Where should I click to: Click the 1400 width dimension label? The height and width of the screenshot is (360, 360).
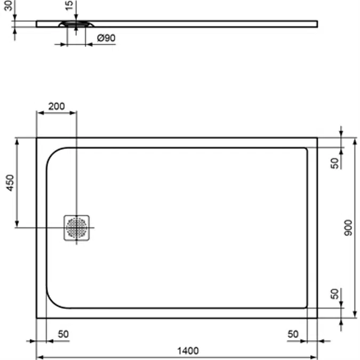pos(188,351)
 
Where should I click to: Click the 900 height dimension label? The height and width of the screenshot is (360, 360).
pos(348,228)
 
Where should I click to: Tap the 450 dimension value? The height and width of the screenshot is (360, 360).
pos(10,183)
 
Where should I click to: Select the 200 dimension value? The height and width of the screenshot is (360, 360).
pos(57,106)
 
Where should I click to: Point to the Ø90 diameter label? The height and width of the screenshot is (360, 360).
pos(106,38)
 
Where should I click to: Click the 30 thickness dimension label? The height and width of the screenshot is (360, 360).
pos(9,5)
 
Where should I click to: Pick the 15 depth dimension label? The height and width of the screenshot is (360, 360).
pos(69,5)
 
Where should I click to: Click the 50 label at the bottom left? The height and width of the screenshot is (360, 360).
pos(63,334)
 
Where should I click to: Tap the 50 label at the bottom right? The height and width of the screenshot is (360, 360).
pos(293,334)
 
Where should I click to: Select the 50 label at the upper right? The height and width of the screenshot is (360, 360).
pos(335,163)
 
